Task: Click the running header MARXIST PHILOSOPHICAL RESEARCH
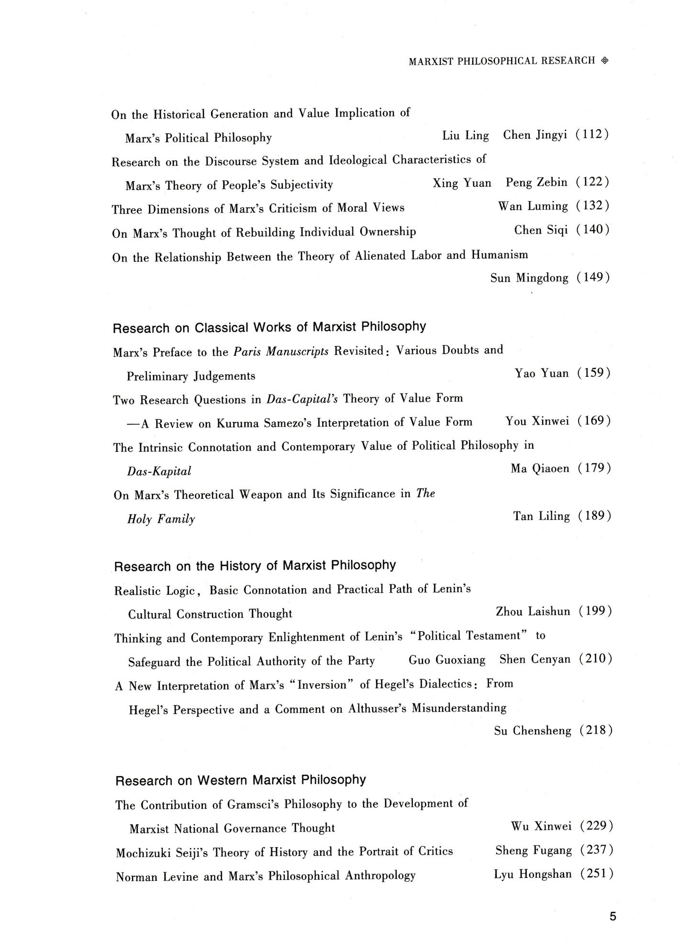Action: [502, 61]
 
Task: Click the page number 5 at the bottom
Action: [613, 916]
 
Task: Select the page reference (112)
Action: [592, 135]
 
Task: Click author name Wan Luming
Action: [533, 206]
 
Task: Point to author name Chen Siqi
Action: [541, 230]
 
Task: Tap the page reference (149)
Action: [593, 278]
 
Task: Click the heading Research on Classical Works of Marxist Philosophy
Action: [269, 327]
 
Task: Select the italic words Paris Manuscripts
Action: [281, 352]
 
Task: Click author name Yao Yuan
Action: [542, 373]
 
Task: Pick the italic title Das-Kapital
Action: [159, 472]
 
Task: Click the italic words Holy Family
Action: [161, 519]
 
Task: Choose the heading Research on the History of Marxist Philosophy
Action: [255, 566]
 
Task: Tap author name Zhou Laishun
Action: [533, 612]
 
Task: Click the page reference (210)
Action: [595, 659]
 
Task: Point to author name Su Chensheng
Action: [533, 731]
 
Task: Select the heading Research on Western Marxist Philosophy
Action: [240, 781]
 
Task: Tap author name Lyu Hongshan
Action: [533, 875]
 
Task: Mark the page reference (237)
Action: [596, 851]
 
